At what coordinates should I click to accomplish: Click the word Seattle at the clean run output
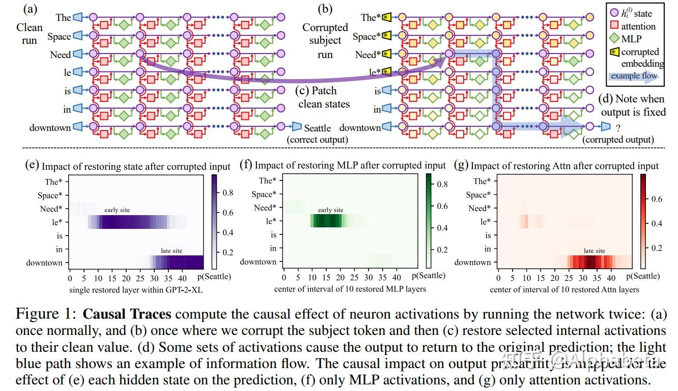pyautogui.click(x=317, y=128)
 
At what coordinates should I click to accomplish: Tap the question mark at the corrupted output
pyautogui.click(x=619, y=128)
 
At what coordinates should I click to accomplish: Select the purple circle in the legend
pyautogui.click(x=613, y=14)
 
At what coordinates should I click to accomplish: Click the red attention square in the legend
pyautogui.click(x=613, y=27)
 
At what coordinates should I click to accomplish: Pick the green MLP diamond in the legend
pyautogui.click(x=613, y=39)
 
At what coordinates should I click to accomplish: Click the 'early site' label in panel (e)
pyautogui.click(x=117, y=210)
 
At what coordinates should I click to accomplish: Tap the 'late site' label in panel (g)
pyautogui.click(x=594, y=251)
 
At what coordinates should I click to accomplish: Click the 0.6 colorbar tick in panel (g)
pyautogui.click(x=657, y=199)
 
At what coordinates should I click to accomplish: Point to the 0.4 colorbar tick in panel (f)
pyautogui.click(x=440, y=228)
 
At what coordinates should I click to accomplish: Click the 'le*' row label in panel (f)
pyautogui.click(x=270, y=221)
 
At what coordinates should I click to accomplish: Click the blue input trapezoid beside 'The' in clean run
pyautogui.click(x=77, y=17)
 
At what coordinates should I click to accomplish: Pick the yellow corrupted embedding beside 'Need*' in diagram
pyautogui.click(x=387, y=54)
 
